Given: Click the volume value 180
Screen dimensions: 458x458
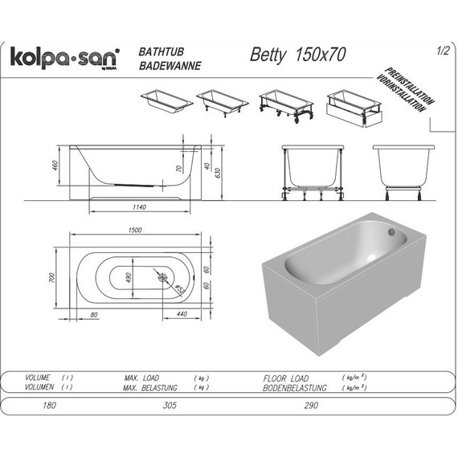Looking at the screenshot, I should click(49, 406).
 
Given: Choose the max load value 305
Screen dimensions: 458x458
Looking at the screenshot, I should click(170, 406).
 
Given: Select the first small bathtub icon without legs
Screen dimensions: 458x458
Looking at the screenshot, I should click(166, 101).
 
